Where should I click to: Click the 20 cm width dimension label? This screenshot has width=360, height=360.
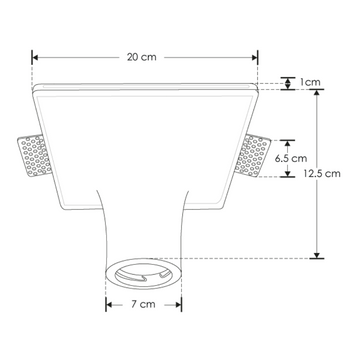pyautogui.click(x=145, y=57)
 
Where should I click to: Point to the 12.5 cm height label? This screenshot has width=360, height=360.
pyautogui.click(x=332, y=172)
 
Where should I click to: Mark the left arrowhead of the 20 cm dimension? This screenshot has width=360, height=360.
pyautogui.click(x=36, y=57)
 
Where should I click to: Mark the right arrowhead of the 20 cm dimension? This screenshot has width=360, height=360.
pyautogui.click(x=255, y=57)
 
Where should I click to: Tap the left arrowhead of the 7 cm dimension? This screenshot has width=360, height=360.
pyautogui.click(x=108, y=302)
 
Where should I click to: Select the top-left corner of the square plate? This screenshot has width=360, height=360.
pyautogui.click(x=35, y=88)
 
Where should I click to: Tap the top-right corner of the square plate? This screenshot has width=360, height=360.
pyautogui.click(x=256, y=88)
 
